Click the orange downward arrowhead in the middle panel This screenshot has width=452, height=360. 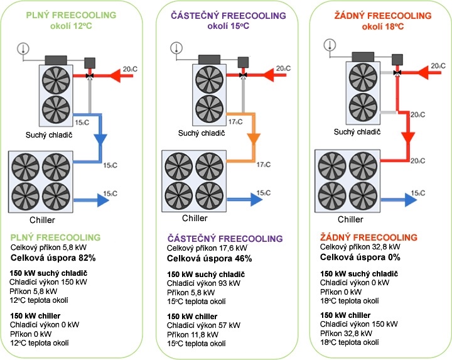254,139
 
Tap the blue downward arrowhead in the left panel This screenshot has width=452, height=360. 100,139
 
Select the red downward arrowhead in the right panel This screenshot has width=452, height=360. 408,138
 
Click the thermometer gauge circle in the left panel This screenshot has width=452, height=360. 23,48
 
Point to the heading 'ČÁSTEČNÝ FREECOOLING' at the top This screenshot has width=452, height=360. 229,15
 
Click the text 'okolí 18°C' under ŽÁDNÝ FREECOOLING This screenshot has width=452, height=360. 383,26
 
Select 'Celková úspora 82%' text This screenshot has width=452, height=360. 53,258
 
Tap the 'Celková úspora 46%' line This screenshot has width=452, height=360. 210,258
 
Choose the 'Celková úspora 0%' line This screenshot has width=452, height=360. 360,258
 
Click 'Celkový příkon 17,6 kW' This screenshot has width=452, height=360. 207,248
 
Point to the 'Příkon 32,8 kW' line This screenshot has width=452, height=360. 346,334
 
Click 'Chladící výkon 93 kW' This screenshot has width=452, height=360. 203,283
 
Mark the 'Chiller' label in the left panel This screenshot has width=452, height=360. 42,220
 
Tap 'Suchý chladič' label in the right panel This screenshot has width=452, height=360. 357,132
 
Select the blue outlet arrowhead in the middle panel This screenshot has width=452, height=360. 257,199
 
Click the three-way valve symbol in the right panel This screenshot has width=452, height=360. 397,73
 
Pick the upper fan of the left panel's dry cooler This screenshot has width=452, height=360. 56,80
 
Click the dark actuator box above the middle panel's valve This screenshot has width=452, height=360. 243,62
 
